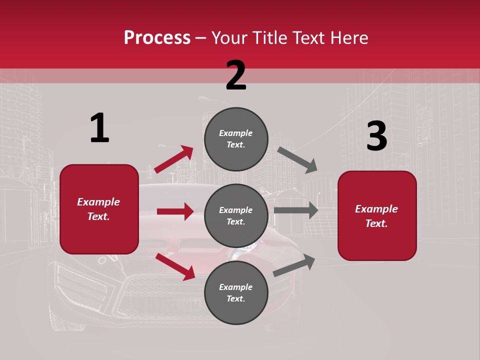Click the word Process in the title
pos(157,37)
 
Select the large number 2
pos(236,75)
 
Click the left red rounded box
pos(99,209)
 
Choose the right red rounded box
pos(377,216)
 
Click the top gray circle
pos(236,139)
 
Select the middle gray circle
pos(236,216)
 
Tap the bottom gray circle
pos(236,293)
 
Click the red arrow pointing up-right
pos(173,159)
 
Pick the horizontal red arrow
pos(175,211)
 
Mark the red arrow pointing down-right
pos(175,266)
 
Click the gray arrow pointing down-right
pos(297,159)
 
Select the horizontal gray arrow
pos(296,210)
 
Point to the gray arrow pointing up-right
pos(294,265)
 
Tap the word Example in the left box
pos(98,202)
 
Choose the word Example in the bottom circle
pos(236,287)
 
